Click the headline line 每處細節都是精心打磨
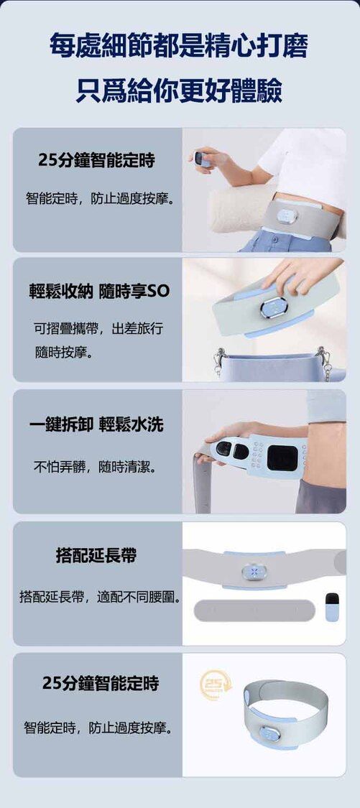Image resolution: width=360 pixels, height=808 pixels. (x=179, y=47)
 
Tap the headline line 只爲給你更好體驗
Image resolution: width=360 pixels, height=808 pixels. (x=179, y=90)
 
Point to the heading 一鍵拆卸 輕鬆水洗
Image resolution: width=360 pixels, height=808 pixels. (x=96, y=424)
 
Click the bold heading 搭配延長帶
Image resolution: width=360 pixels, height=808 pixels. (x=96, y=555)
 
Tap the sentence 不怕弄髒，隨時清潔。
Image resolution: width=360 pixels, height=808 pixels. (x=96, y=468)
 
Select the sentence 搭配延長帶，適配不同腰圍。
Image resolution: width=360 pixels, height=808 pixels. (x=101, y=598)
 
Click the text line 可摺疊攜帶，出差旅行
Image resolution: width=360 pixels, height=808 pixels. (x=98, y=328)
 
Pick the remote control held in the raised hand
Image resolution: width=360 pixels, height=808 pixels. (x=203, y=159)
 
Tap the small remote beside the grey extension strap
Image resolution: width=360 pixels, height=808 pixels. (x=332, y=607)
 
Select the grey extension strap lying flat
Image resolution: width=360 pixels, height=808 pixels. (x=254, y=610)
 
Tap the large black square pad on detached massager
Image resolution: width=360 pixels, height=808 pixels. (x=282, y=458)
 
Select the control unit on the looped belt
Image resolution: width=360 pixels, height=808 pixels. (x=270, y=733)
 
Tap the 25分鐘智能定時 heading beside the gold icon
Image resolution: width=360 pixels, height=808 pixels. (x=101, y=684)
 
